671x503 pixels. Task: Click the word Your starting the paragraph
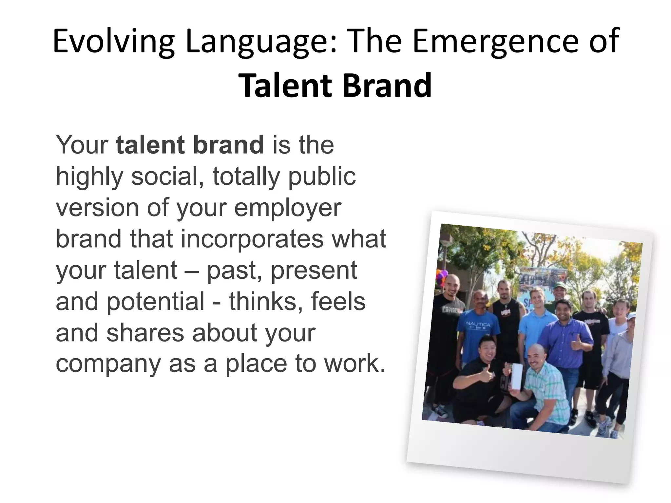(82, 145)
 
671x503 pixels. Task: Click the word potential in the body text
(156, 302)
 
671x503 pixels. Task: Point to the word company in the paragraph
(108, 364)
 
